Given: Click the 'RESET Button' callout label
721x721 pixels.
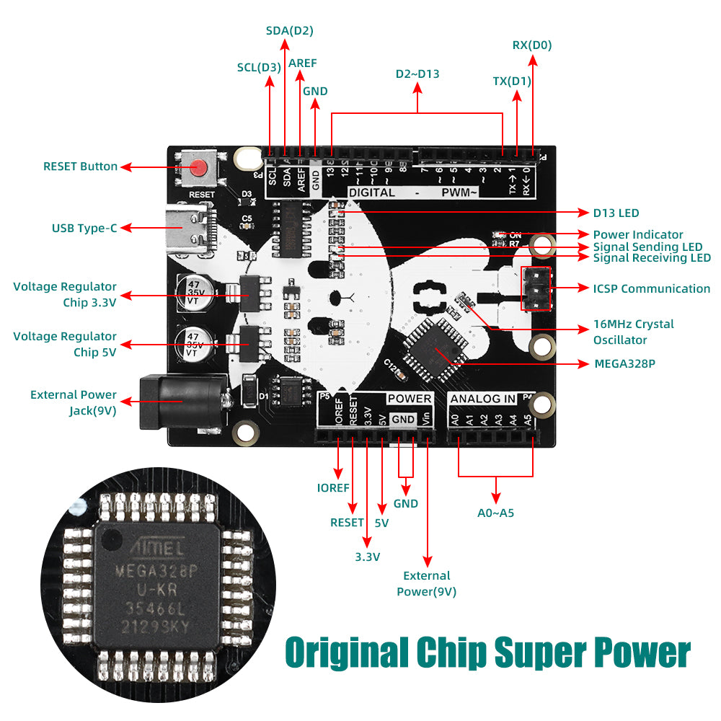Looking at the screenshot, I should click(x=80, y=167).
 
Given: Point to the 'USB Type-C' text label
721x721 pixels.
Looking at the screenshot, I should click(x=84, y=229).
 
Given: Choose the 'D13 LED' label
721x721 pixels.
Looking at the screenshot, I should click(x=616, y=213).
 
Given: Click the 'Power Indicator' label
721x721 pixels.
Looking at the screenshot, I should click(x=638, y=234).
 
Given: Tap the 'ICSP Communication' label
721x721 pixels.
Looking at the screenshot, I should click(x=651, y=288).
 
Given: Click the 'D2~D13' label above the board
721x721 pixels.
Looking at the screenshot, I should click(x=417, y=74).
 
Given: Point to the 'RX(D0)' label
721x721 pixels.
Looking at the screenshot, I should click(x=532, y=45).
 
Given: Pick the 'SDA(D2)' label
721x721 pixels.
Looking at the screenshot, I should click(x=289, y=30).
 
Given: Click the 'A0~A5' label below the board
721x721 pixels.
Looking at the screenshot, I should click(x=495, y=513).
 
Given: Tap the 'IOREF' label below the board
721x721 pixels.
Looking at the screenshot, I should click(x=333, y=487).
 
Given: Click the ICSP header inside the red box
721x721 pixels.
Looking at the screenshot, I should click(x=535, y=288).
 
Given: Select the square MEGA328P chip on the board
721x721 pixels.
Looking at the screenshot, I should click(x=434, y=350).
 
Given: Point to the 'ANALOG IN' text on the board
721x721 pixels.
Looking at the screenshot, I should click(x=482, y=399).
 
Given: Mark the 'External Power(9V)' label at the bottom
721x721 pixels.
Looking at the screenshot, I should click(x=427, y=583).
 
